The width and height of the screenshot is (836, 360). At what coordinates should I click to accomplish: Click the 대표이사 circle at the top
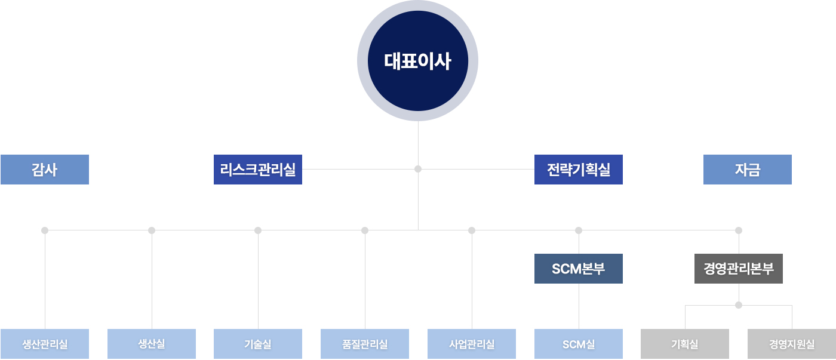[417, 60]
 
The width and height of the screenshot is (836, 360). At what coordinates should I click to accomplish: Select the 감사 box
[45, 170]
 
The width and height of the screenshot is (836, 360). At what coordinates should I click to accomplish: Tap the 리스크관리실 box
[258, 170]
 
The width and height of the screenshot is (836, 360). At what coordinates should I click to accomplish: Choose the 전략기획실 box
[579, 170]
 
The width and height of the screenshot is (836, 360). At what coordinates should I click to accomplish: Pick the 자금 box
[748, 170]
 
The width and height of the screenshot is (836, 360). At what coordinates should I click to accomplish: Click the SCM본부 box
[579, 269]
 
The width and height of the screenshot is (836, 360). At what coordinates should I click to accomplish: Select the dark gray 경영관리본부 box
[739, 269]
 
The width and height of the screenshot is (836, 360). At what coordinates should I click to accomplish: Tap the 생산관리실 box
[45, 344]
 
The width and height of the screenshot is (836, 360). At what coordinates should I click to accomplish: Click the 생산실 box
[152, 344]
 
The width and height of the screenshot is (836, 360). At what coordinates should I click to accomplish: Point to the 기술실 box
[258, 344]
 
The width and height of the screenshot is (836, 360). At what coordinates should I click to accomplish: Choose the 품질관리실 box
[365, 344]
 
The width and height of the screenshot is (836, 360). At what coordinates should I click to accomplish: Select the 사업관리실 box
[472, 344]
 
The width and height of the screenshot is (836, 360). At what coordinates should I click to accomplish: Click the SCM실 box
[579, 344]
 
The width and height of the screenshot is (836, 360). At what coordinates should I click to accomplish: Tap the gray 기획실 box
[685, 344]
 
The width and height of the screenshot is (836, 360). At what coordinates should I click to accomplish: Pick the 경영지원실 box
[792, 344]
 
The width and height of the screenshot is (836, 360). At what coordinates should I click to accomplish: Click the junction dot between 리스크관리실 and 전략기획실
[418, 169]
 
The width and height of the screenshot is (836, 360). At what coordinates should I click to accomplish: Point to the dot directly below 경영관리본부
[739, 305]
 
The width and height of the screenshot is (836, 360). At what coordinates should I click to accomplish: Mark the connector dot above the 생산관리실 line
[45, 230]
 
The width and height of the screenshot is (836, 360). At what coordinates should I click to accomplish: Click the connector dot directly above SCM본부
[579, 230]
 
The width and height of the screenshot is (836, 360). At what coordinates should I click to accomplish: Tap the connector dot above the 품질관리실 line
[365, 230]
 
